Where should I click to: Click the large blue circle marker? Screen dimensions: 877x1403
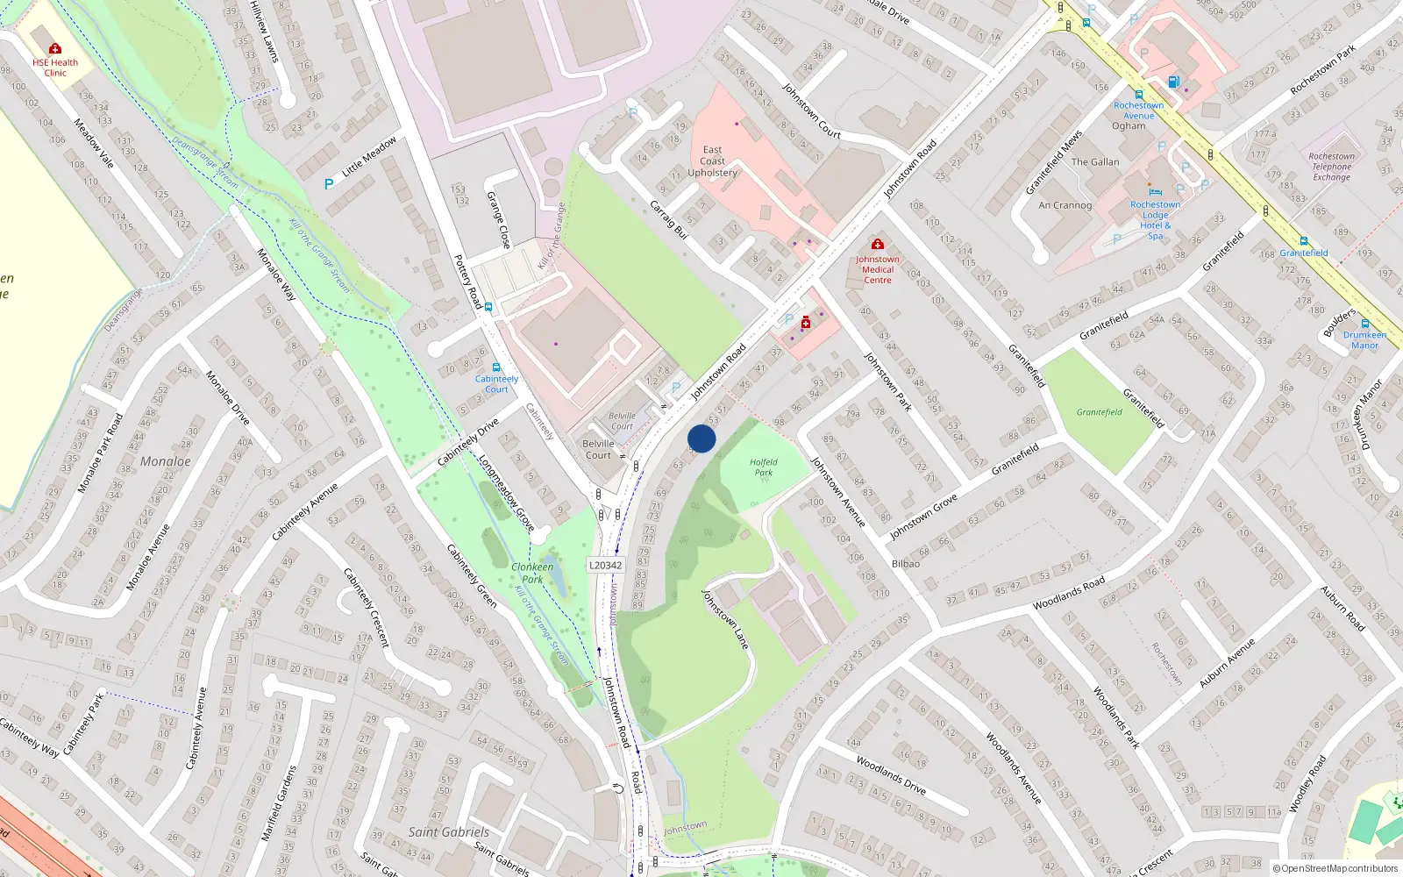click(x=701, y=438)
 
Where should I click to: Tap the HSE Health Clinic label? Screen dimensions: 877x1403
click(x=55, y=68)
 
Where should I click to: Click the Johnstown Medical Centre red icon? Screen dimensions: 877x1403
click(x=877, y=244)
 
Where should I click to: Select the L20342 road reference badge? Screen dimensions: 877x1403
click(x=605, y=566)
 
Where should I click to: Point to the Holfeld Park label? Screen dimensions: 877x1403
click(x=764, y=467)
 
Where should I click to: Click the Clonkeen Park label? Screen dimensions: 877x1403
click(x=532, y=573)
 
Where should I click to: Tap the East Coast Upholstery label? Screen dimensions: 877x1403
click(x=712, y=161)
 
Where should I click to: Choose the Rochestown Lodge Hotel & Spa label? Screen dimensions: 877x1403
click(x=1155, y=220)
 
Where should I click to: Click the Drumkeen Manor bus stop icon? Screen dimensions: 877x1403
click(x=1364, y=324)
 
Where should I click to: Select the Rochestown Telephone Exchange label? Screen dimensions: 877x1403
click(x=1331, y=167)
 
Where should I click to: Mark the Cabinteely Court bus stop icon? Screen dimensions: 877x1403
click(x=496, y=367)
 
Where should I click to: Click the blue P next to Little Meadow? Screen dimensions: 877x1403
click(x=329, y=184)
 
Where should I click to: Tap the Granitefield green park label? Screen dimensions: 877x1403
click(x=1099, y=412)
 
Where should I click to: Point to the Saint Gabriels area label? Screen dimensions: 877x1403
click(x=449, y=831)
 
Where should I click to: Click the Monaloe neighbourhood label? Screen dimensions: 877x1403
click(x=165, y=461)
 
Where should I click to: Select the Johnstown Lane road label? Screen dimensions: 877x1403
click(x=725, y=619)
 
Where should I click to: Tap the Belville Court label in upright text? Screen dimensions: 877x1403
click(x=598, y=449)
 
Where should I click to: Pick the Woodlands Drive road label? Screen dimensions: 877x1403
click(x=890, y=774)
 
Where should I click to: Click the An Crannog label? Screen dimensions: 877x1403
click(x=1065, y=205)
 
